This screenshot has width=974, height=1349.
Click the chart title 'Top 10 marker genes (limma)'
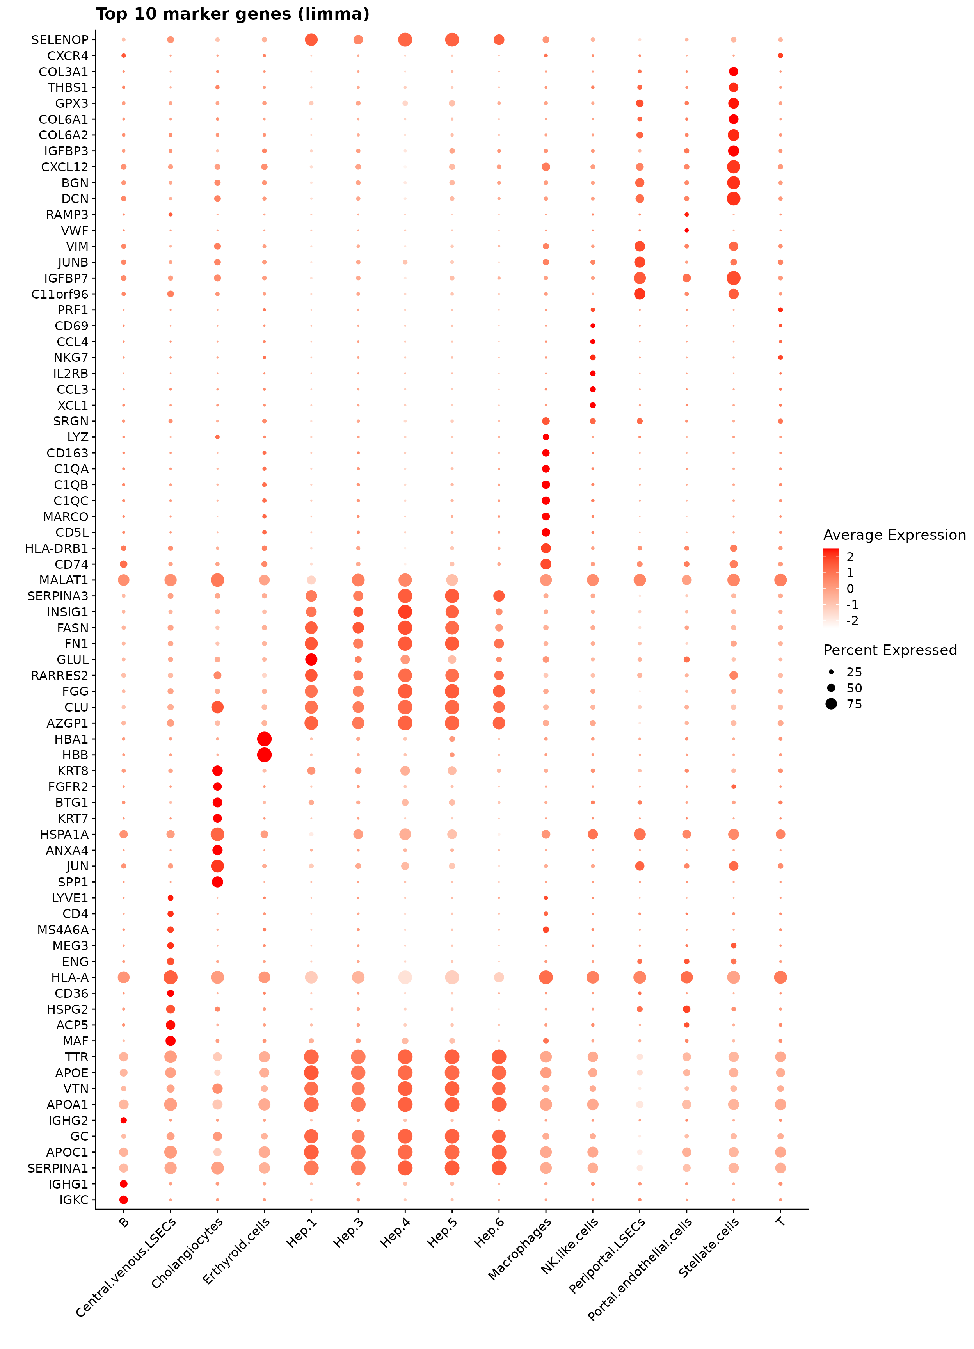[233, 14]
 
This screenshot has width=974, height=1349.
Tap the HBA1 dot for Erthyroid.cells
[265, 739]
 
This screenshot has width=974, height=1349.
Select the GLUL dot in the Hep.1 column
[311, 659]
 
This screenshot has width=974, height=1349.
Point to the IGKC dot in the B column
[124, 1200]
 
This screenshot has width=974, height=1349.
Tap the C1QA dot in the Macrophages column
[546, 469]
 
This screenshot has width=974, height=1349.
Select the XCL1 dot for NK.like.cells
[593, 405]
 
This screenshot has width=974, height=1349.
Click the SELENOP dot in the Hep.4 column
[405, 40]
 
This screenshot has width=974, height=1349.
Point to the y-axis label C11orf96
[59, 294]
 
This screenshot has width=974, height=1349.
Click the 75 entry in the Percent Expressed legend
[854, 704]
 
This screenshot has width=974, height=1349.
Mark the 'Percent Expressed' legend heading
[890, 650]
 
